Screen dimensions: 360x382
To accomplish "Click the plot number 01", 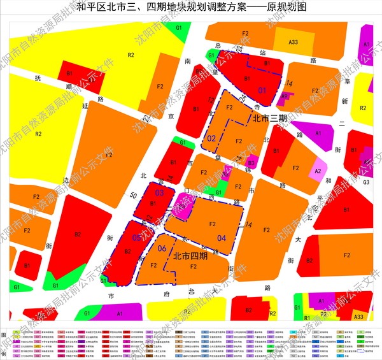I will click(262, 90).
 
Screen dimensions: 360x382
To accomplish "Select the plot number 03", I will click(160, 192).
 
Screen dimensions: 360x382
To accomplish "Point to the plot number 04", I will click(221, 238).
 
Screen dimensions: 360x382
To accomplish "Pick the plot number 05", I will click(136, 238).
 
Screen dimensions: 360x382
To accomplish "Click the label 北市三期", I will click(269, 119).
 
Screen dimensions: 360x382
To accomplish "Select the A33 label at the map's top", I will click(294, 42).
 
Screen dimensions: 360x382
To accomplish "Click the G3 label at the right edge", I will click(366, 182).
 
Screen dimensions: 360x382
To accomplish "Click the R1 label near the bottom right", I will click(306, 317).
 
